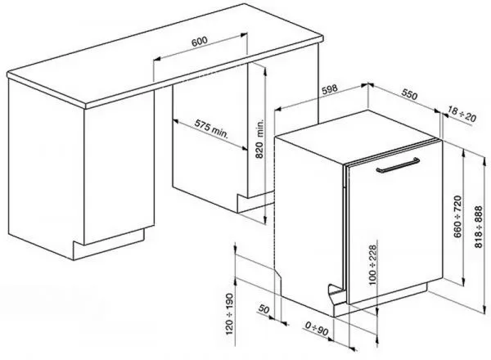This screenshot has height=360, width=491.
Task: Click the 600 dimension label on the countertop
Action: click(x=199, y=42)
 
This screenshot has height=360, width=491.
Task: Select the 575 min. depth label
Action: click(x=211, y=128)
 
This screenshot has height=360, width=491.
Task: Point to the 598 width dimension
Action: click(x=330, y=90)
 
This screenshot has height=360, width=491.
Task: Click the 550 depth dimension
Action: click(x=410, y=95)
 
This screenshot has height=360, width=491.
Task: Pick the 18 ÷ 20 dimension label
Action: click(x=462, y=115)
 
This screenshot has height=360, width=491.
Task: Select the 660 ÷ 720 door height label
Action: click(x=457, y=217)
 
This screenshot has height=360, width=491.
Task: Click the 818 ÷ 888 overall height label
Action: click(x=479, y=227)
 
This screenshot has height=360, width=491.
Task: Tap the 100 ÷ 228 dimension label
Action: click(x=372, y=265)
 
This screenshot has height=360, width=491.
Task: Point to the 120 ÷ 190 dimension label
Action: click(x=229, y=313)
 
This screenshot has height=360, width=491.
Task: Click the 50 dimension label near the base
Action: click(x=264, y=309)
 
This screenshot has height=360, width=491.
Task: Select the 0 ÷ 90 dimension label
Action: click(x=317, y=328)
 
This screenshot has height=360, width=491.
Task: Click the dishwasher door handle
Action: click(x=398, y=165)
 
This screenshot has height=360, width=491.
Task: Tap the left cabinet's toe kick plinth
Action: click(x=109, y=244)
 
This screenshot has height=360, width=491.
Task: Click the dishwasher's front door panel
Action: click(x=395, y=223)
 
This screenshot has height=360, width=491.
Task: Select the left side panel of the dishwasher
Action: click(x=309, y=219)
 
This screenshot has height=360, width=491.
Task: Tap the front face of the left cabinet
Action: click(x=119, y=168)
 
